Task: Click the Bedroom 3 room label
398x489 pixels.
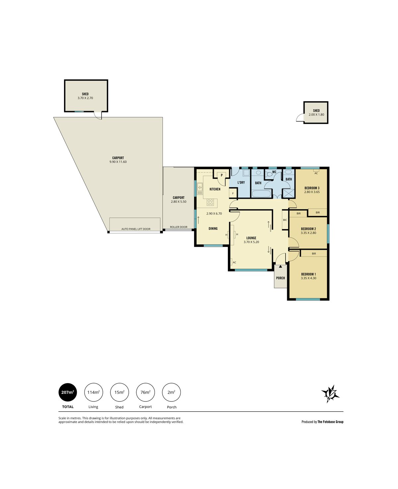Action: click(312, 188)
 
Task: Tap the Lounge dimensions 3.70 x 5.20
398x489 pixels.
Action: click(251, 242)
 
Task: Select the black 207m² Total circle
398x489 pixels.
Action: click(68, 392)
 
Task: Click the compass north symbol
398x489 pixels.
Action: click(330, 394)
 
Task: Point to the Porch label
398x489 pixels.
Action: click(280, 278)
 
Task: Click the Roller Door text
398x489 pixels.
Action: click(178, 227)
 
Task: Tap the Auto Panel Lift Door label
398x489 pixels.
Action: click(136, 229)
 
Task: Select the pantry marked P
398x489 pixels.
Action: click(222, 176)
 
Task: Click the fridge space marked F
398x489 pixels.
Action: click(233, 193)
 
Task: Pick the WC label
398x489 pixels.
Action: click(274, 172)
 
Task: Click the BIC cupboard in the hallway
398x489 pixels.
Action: click(285, 220)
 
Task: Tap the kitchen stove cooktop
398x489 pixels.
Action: click(211, 202)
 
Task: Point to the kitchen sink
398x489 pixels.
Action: click(200, 189)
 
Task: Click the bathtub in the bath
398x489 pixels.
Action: click(261, 194)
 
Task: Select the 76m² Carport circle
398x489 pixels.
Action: click(146, 392)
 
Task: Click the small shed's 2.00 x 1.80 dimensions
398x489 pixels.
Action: click(316, 114)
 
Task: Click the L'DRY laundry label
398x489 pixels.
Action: click(241, 182)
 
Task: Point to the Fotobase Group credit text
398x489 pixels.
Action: click(322, 422)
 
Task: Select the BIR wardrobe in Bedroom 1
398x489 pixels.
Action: click(314, 253)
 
